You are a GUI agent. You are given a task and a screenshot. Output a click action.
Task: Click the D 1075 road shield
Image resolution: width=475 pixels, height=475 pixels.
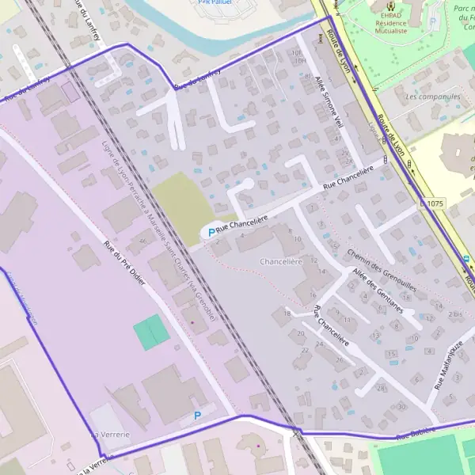[x=432, y=203]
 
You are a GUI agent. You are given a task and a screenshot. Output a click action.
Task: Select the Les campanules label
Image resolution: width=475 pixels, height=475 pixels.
[x=432, y=97]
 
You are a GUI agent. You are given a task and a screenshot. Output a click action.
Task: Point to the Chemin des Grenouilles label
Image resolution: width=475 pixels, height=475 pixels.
[x=382, y=269]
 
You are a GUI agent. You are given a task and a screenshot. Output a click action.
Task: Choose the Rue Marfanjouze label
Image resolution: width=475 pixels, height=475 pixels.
[x=449, y=364]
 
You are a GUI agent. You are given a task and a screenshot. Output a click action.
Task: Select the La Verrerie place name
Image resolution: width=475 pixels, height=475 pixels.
[x=109, y=435]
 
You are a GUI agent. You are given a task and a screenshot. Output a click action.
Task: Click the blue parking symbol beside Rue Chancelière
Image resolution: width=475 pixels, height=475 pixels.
[x=209, y=232]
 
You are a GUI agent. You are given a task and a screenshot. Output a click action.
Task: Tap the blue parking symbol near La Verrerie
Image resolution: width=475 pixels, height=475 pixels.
[x=197, y=415]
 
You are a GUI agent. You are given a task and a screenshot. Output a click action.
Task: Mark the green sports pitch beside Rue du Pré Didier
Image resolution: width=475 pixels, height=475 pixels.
[x=151, y=332]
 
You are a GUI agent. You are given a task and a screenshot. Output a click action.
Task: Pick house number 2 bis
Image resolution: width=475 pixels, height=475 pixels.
[x=455, y=314]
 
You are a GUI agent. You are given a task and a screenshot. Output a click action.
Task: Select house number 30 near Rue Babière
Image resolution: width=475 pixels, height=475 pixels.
[x=401, y=407]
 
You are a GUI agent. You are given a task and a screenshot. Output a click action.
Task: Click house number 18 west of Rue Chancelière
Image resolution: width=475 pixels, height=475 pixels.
[x=287, y=314]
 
